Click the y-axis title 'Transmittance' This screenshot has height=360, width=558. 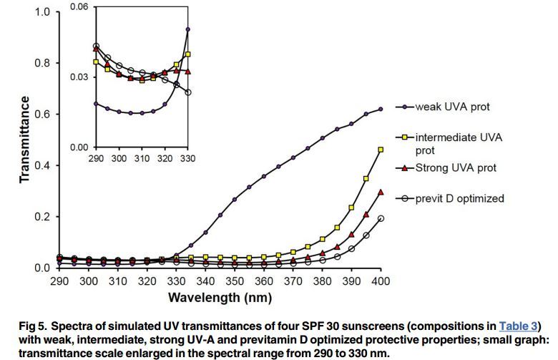25,140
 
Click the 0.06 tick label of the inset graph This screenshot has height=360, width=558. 79,6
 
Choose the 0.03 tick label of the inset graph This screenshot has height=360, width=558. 79,77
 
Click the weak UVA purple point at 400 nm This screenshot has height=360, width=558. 381,109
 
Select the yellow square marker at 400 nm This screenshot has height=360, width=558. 381,150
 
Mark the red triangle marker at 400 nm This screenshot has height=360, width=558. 381,192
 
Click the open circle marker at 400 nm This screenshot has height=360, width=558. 381,218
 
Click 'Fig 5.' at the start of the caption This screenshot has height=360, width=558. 34,325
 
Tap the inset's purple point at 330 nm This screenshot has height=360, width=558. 188,29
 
